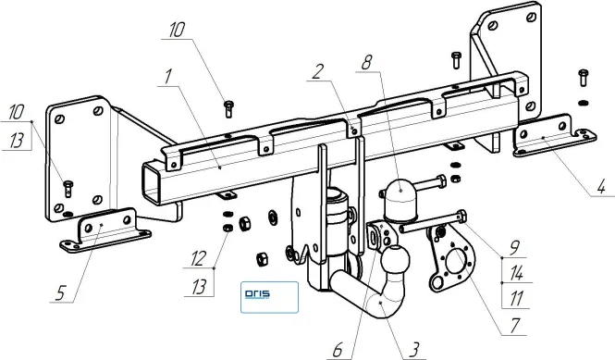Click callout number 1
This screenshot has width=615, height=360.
click(x=168, y=77)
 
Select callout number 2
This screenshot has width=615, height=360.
click(x=318, y=71)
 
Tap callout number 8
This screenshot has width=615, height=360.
click(x=367, y=62)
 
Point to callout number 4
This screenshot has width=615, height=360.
click(x=601, y=187)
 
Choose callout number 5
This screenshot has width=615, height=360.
click(x=60, y=292)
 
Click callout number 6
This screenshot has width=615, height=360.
click(x=338, y=350)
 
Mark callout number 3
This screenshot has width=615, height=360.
click(x=413, y=350)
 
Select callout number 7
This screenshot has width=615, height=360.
click(x=514, y=326)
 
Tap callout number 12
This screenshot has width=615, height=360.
click(x=199, y=259)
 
